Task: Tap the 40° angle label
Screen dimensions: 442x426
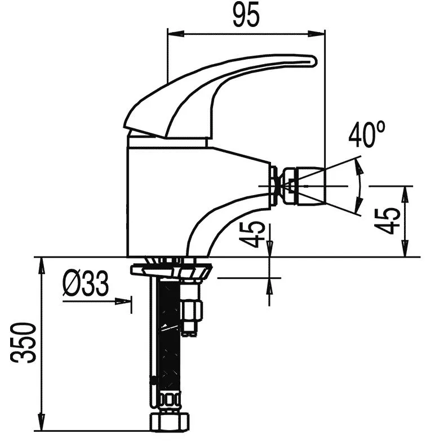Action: [x=367, y=135]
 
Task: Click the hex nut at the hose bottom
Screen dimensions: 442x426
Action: [x=170, y=422]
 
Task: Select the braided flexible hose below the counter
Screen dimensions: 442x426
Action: [x=167, y=337]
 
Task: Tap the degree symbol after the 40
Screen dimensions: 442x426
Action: [x=381, y=127]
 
